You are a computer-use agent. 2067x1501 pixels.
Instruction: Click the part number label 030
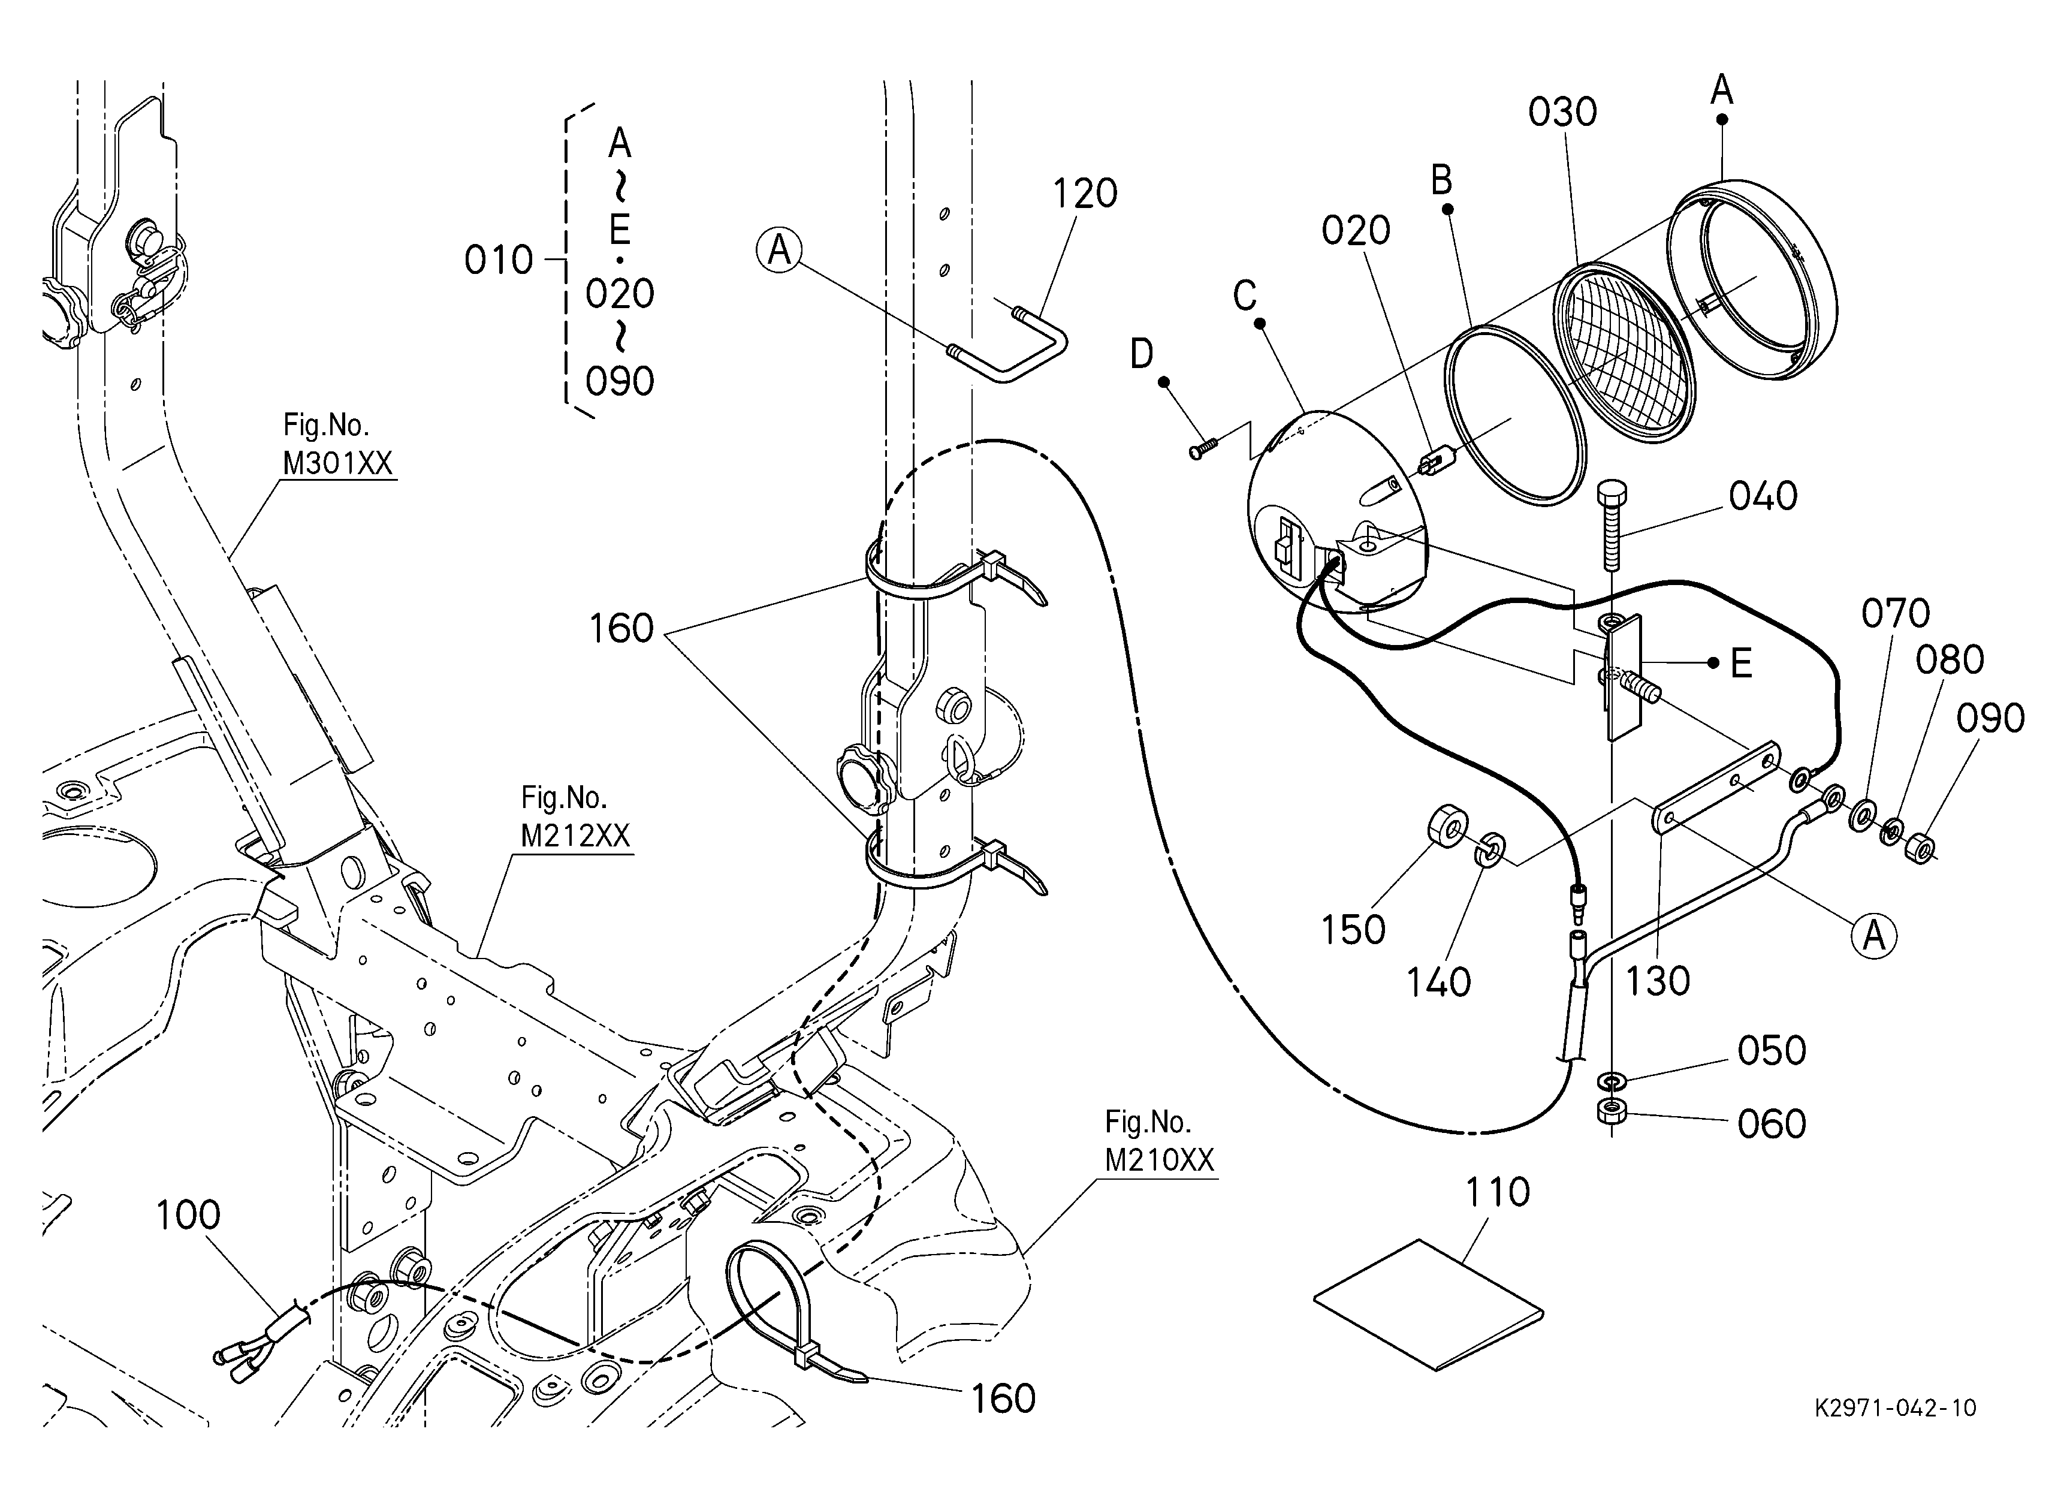1563,112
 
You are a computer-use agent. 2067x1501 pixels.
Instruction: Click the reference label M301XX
337,464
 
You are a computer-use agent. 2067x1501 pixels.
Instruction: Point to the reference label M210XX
1159,1159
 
